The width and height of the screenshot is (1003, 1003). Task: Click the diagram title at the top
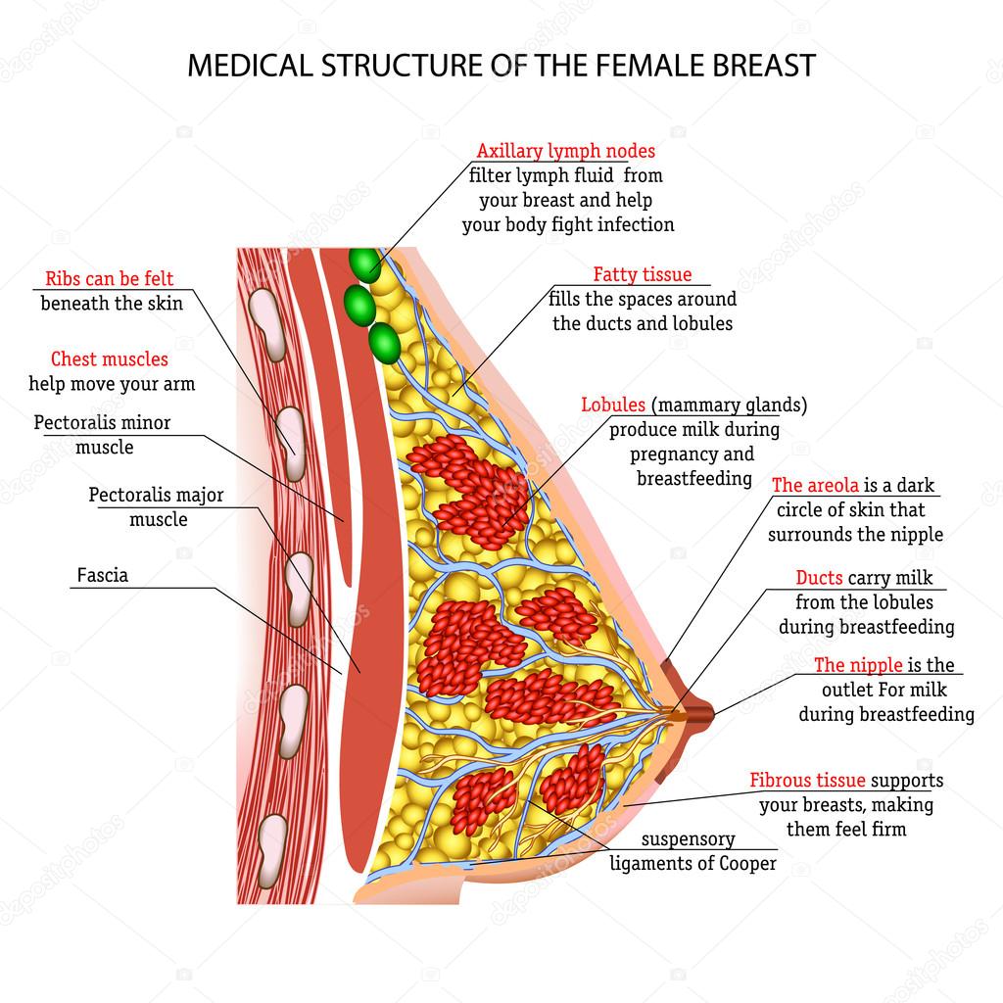coord(501,66)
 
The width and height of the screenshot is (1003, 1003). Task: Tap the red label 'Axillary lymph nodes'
coord(565,151)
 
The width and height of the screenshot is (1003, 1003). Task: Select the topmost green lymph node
coord(364,264)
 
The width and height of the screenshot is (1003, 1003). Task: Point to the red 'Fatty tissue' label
coord(642,275)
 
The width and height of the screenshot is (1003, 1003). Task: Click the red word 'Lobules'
coord(612,405)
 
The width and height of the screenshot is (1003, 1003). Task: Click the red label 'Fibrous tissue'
coord(807,781)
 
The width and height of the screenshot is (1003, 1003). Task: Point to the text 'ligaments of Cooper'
coord(693,863)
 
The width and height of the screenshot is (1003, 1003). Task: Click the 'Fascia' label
coord(102,575)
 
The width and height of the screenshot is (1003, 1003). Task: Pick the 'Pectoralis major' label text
coord(156,496)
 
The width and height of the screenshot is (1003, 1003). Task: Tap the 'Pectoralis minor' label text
coord(102,423)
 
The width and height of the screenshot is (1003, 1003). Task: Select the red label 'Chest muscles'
coord(109,359)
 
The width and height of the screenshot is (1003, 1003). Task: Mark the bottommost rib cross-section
coord(273,836)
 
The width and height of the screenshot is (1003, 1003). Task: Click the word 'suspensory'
coord(688,839)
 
